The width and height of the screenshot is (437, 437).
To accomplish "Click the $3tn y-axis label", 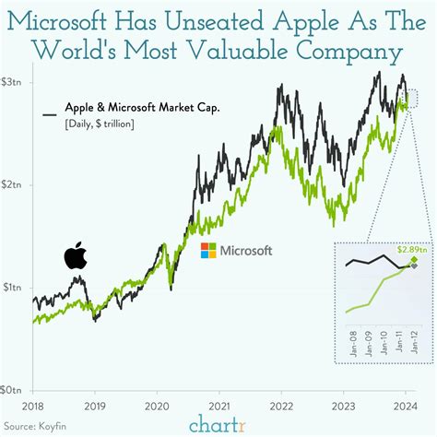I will click(x=14, y=83).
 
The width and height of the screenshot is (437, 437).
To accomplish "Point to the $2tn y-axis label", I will click(x=14, y=185).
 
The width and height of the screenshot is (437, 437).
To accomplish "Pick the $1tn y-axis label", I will click(x=14, y=288).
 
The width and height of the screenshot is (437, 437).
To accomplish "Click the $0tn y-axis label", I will click(x=14, y=390).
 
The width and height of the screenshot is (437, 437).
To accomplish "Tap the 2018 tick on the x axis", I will click(x=33, y=405).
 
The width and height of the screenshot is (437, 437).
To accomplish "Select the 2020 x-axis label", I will click(x=158, y=405).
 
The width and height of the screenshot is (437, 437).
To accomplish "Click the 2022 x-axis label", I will click(x=281, y=405).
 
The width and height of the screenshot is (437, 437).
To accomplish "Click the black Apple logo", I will click(x=75, y=255).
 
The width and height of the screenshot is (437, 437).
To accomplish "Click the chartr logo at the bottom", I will click(x=218, y=424).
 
